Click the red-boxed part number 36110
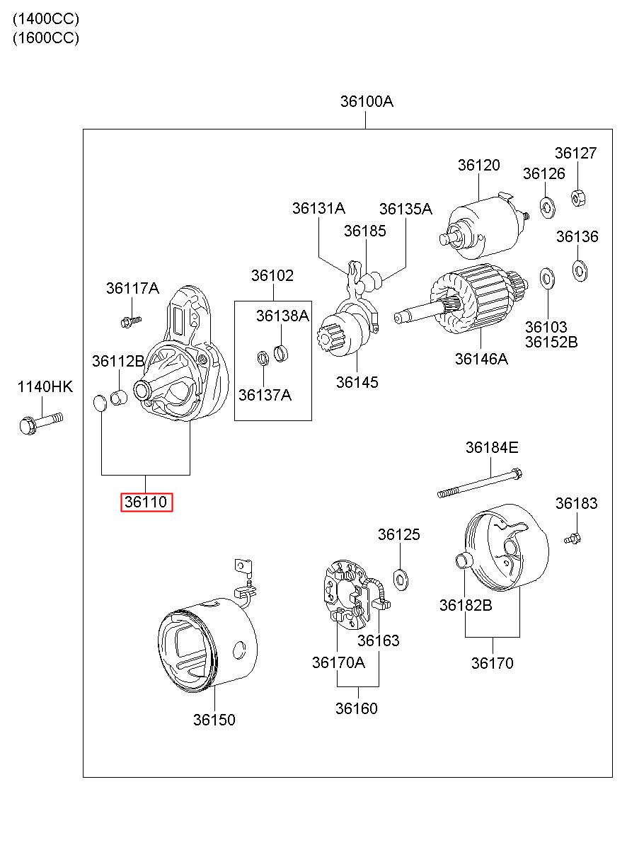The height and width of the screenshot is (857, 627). click(146, 502)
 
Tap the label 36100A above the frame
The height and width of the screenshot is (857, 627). click(367, 101)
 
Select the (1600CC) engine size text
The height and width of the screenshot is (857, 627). click(46, 38)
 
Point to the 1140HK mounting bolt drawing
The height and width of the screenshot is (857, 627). click(41, 423)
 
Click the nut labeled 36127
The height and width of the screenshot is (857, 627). click(578, 198)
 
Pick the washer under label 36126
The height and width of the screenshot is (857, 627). click(547, 208)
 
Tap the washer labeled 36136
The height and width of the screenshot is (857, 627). click(580, 270)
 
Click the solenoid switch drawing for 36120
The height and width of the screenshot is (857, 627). click(485, 226)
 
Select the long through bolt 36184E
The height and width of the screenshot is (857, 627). click(480, 483)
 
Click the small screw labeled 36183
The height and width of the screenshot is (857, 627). click(573, 539)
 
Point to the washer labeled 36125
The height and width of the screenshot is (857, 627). click(401, 580)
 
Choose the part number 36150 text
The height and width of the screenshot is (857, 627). click(214, 720)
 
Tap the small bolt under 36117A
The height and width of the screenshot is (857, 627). click(131, 321)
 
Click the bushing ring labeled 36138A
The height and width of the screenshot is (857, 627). click(281, 353)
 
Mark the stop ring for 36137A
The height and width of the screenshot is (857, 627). click(263, 357)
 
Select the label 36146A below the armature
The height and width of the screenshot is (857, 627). click(481, 359)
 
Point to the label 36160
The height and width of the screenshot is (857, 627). click(356, 708)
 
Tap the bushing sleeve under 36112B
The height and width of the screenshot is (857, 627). click(119, 398)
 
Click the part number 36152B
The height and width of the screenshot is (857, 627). click(551, 342)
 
